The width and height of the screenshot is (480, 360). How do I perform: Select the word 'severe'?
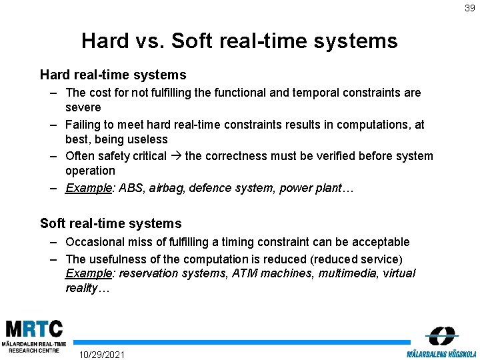pos(83,107)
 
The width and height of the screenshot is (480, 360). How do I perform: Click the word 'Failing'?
pos(83,125)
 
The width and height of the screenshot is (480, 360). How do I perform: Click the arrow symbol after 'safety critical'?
pos(176,156)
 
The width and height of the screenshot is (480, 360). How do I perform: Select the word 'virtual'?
pos(399,273)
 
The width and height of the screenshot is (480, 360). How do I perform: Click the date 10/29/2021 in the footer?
pos(101,354)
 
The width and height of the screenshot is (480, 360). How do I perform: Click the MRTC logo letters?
pos(35,329)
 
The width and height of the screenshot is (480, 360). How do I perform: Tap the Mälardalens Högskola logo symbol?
pos(442,335)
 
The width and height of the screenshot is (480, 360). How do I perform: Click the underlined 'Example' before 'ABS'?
pos(88,188)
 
